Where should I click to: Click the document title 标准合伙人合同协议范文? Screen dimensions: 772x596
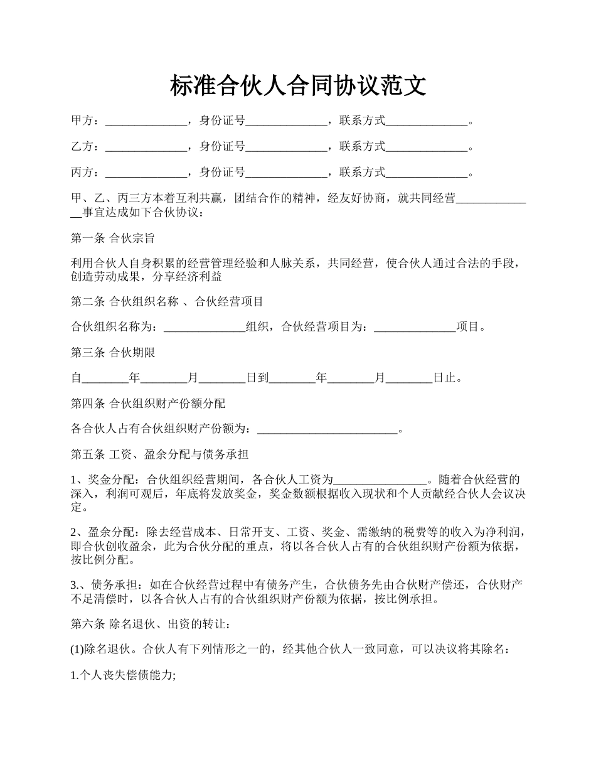tap(298, 85)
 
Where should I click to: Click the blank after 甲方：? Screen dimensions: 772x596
tap(146, 122)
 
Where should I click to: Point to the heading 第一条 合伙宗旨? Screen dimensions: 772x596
tap(113, 239)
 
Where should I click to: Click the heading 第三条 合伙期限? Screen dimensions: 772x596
tap(113, 353)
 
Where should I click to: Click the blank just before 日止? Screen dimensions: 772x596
tap(409, 378)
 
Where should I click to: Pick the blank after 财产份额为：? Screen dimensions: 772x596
tap(328, 430)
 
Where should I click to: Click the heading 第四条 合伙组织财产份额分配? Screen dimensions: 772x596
tap(148, 404)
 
